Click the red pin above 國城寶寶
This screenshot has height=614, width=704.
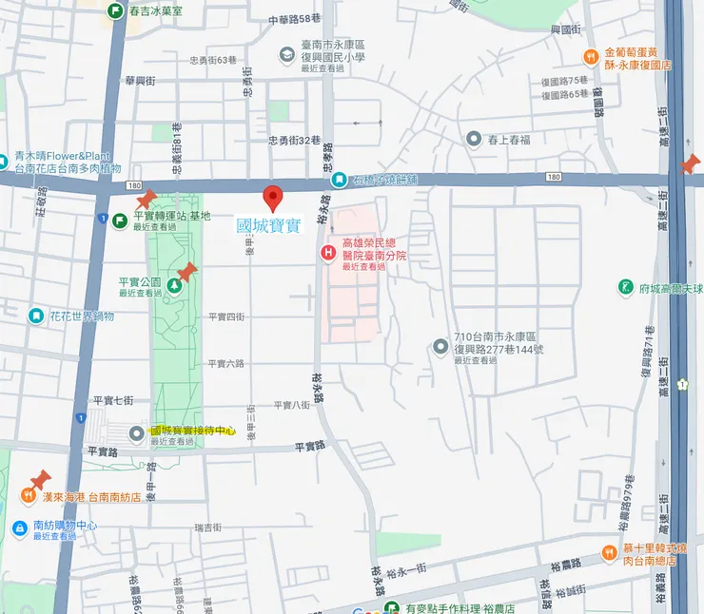coord(274,198)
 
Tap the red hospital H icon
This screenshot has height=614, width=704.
coord(327,252)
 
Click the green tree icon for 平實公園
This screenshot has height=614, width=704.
coord(175,283)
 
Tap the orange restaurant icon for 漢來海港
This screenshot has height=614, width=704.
coord(28,496)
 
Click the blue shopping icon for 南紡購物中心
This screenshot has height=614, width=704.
coord(19,528)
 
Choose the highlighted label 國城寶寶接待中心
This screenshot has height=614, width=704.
coord(192,431)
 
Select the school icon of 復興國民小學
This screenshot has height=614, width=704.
coord(286,56)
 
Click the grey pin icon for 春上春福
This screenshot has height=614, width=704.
coord(474,140)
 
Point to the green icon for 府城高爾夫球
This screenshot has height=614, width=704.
coord(625,287)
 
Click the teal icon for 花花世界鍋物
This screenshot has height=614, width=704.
coord(36,316)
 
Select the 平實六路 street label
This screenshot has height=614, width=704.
coord(226,363)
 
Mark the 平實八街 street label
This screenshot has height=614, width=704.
coord(291,405)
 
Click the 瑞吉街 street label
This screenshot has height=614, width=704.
coord(207,527)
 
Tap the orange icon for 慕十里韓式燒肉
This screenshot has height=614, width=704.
coord(609,553)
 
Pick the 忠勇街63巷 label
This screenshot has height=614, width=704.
coord(212,60)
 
